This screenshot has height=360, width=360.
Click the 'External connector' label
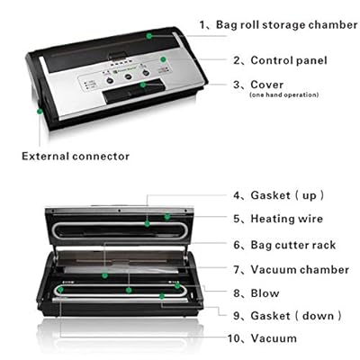coord(76,156)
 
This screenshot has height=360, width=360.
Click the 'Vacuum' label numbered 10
coord(274,338)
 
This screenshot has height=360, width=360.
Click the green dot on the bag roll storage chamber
coord(150,35)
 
